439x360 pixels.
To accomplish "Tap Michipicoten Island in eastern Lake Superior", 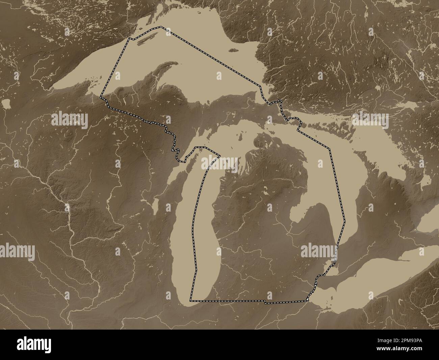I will (232, 51).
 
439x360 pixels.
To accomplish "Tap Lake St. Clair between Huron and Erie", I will (331, 270).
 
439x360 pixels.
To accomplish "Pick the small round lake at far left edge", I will (6, 103).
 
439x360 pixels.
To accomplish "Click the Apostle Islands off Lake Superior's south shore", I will (91, 81).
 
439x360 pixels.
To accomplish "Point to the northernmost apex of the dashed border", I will (161, 26).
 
